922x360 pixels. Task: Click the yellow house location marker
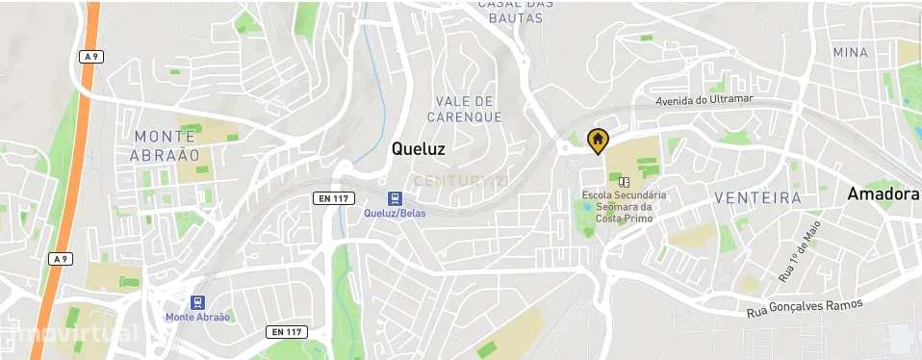(597, 141)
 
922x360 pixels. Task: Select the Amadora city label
(883, 194)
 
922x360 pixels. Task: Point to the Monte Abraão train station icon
(197, 301)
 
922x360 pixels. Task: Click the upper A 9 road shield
(90, 57)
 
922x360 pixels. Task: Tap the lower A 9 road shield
(60, 259)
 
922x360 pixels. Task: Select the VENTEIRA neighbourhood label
(758, 198)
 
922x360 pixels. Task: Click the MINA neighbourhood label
(851, 52)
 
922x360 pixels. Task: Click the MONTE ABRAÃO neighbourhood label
(166, 145)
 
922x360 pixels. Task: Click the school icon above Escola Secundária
(624, 181)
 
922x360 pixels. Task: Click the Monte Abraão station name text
(197, 318)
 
